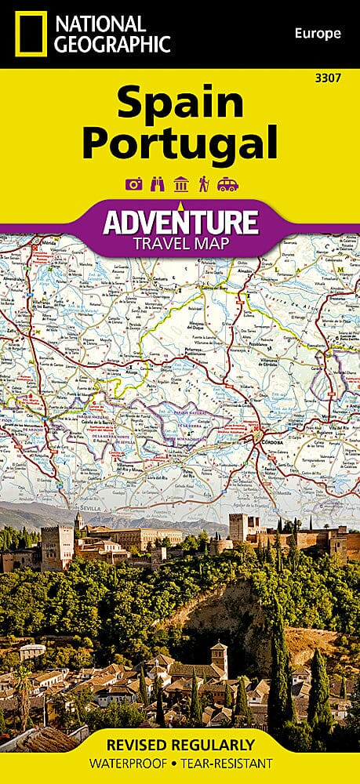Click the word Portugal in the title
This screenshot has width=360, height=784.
click(180, 143)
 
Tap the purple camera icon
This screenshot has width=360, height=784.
click(133, 184)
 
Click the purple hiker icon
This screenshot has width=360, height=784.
click(203, 184)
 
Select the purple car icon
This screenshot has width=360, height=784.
click(227, 184)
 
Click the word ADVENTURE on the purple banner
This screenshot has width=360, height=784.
click(180, 222)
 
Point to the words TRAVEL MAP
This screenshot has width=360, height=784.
click(180, 243)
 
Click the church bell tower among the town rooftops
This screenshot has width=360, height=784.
click(220, 657)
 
